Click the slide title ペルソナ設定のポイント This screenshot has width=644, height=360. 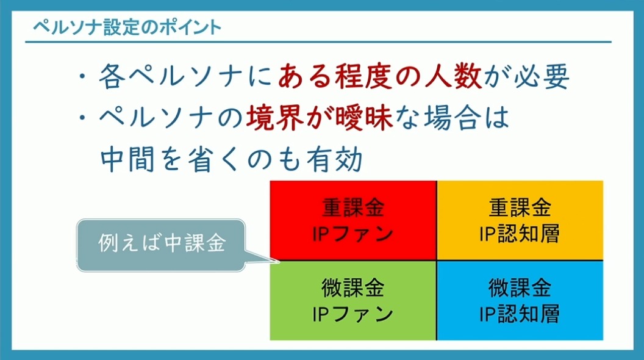tap(127, 27)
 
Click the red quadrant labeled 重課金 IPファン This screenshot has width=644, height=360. tap(353, 220)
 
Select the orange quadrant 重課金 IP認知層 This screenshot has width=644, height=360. tap(520, 220)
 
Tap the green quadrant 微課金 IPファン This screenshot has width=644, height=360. tap(353, 300)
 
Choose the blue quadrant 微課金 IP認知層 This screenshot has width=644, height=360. tap(520, 300)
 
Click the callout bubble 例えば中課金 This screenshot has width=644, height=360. tap(161, 245)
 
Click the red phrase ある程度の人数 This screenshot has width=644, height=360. tap(380, 76)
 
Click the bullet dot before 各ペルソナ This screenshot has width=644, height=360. tap(84, 76)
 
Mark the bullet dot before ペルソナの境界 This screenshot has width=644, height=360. tap(84, 118)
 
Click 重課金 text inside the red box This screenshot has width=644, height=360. tap(353, 207)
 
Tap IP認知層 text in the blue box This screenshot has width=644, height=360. tap(520, 314)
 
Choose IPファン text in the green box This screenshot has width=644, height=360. tap(353, 314)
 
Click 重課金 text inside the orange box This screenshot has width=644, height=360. tap(520, 207)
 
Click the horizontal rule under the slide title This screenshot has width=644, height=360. tap(318, 42)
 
